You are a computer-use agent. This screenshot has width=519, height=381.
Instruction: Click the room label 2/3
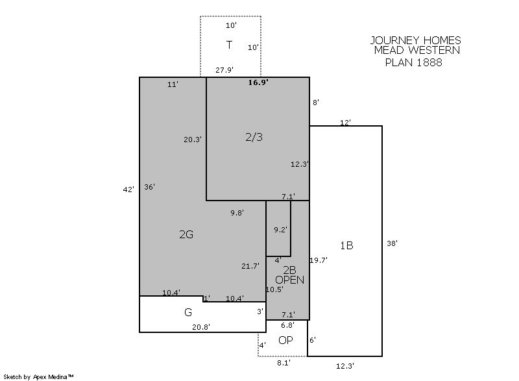254,137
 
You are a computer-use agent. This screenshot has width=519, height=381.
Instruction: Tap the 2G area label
186,234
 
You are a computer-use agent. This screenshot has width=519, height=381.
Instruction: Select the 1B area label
346,245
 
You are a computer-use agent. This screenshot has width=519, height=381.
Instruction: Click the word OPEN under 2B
289,280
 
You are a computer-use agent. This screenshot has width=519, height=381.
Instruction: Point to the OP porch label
285,340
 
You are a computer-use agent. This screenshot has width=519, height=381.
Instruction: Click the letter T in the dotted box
229,45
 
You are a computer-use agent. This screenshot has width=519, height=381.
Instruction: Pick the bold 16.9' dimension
258,82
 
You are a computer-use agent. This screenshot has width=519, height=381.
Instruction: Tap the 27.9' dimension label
224,70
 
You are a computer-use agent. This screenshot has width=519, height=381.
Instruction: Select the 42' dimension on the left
128,190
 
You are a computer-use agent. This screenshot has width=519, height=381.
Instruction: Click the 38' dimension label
392,243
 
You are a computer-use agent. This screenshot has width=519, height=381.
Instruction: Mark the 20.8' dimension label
201,327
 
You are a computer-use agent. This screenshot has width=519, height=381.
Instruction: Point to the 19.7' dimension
319,260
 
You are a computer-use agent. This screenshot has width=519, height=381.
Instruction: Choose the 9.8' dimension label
237,213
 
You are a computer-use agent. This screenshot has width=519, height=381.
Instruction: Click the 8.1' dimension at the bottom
284,363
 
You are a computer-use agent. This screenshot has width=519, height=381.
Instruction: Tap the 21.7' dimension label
250,266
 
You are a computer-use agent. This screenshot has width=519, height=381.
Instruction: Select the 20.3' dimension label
193,140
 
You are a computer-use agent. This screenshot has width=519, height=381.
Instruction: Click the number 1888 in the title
429,62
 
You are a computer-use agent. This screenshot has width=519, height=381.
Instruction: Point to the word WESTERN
434,51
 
